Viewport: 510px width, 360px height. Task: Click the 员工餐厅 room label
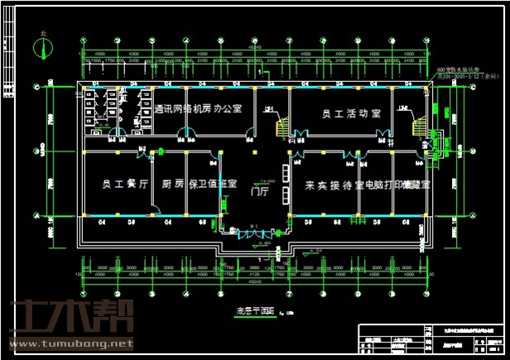(124, 184)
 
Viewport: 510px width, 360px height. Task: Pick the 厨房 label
(172, 184)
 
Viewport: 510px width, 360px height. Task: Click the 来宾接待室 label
(334, 184)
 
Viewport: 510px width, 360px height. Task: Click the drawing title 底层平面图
(249, 310)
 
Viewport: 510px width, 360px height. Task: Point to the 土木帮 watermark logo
(66, 318)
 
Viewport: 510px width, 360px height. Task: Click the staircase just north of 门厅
(282, 126)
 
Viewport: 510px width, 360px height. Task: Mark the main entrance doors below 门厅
(256, 234)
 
